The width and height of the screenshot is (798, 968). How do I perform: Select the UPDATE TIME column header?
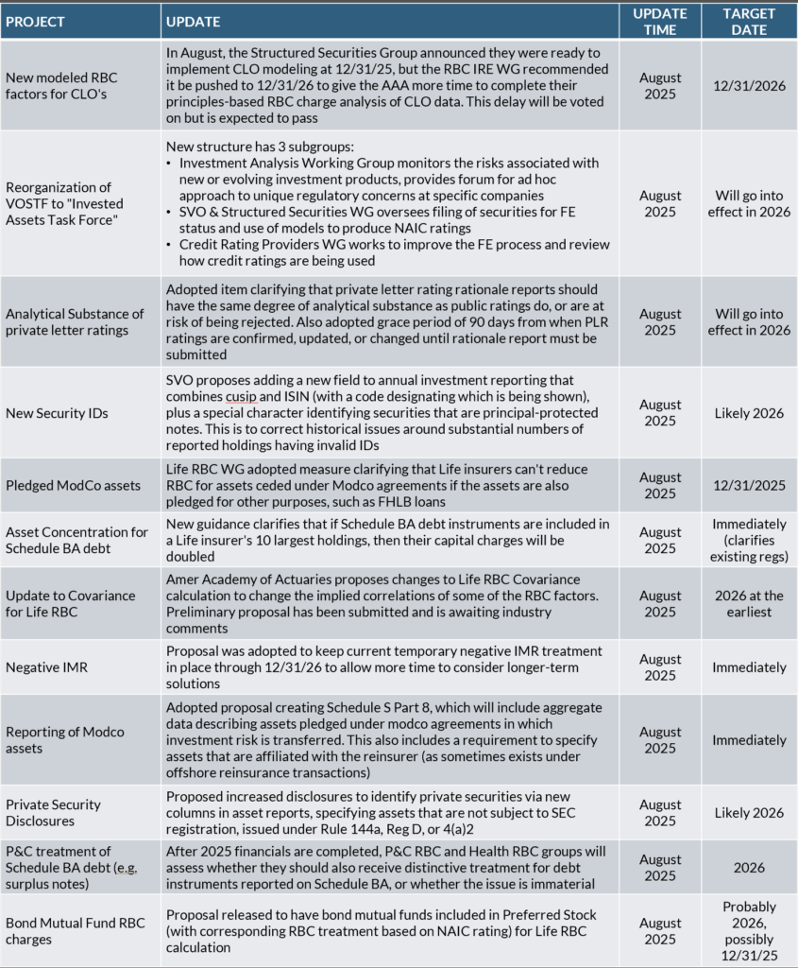[660, 21]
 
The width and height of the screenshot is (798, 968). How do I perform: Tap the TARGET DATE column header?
[748, 21]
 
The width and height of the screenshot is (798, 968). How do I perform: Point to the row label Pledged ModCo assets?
[73, 485]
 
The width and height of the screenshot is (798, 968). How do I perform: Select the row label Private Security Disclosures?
[53, 812]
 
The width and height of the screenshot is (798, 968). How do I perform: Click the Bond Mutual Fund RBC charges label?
[76, 930]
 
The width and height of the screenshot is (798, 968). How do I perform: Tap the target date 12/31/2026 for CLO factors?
[748, 84]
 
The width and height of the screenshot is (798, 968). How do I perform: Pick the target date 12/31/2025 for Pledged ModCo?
[748, 485]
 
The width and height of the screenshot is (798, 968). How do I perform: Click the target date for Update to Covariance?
[748, 603]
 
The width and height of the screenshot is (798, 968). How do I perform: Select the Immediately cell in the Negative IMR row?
[748, 667]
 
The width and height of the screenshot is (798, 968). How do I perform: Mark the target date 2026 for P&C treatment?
[748, 867]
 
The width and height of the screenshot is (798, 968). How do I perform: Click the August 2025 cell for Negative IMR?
[660, 667]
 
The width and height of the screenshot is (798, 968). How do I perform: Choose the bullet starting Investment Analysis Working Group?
[387, 171]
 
